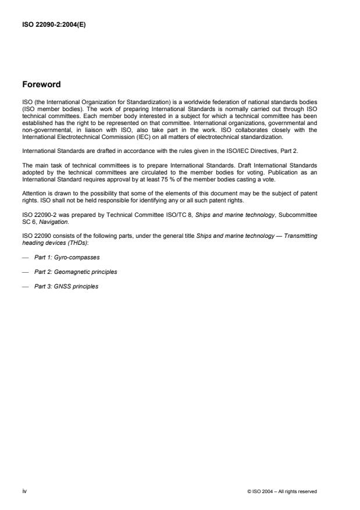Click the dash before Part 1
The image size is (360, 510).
click(x=26, y=256)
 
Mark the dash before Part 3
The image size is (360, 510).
click(x=26, y=286)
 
